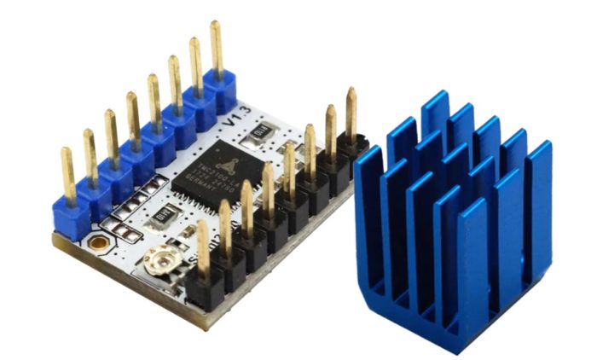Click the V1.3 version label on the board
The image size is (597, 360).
click(x=230, y=121)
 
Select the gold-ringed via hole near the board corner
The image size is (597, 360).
click(x=100, y=243)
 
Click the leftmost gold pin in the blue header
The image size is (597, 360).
click(x=68, y=175)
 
